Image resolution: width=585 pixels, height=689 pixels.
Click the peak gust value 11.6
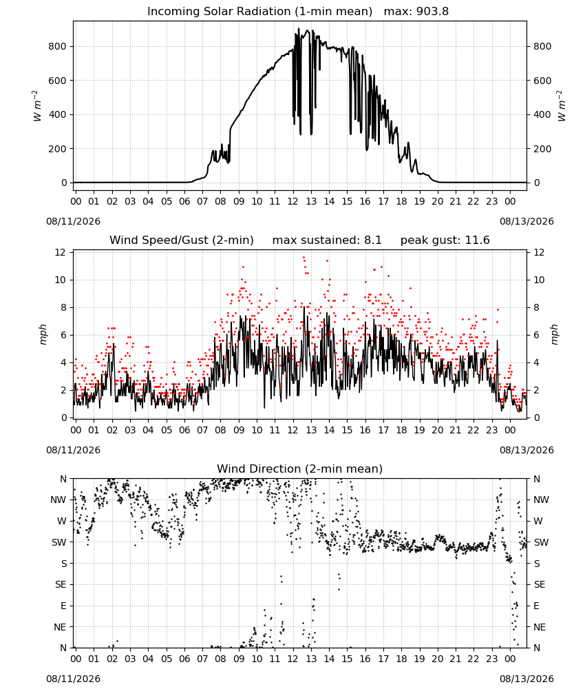[477, 240]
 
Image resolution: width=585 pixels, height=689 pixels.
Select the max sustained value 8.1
[372, 240]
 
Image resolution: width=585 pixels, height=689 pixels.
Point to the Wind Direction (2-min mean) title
[300, 469]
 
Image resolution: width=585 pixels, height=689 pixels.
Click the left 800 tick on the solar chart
[58, 47]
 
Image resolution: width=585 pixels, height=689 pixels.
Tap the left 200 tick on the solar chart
[58, 149]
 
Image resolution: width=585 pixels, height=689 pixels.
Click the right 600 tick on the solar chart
[542, 81]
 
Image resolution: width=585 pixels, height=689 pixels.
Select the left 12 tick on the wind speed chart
[60, 252]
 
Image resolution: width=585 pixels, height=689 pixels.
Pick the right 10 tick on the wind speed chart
[539, 280]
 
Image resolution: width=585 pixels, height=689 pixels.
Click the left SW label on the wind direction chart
[59, 543]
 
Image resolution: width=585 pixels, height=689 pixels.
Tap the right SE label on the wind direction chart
[540, 585]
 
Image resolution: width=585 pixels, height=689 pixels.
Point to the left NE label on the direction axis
[60, 627]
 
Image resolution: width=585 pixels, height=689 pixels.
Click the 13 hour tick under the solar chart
[311, 202]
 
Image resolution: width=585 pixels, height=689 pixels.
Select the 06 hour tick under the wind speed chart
[184, 430]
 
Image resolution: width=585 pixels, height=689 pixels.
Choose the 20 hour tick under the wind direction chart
[438, 659]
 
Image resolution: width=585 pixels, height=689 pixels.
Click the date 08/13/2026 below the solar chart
[526, 221]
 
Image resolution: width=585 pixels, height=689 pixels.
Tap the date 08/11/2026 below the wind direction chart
[73, 679]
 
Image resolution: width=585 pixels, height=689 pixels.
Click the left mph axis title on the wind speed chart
[43, 335]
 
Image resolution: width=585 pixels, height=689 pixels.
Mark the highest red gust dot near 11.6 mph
[304, 258]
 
